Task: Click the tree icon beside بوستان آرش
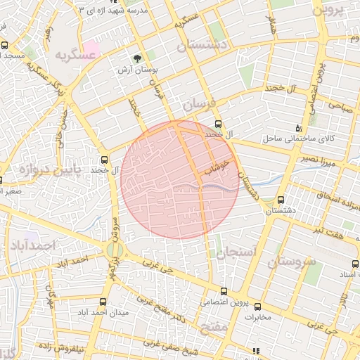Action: pyautogui.click(x=137, y=59)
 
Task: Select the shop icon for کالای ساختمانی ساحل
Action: pyautogui.click(x=298, y=128)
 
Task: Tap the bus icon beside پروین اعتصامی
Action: pyautogui.click(x=224, y=291)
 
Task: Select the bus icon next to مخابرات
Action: pyautogui.click(x=257, y=307)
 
